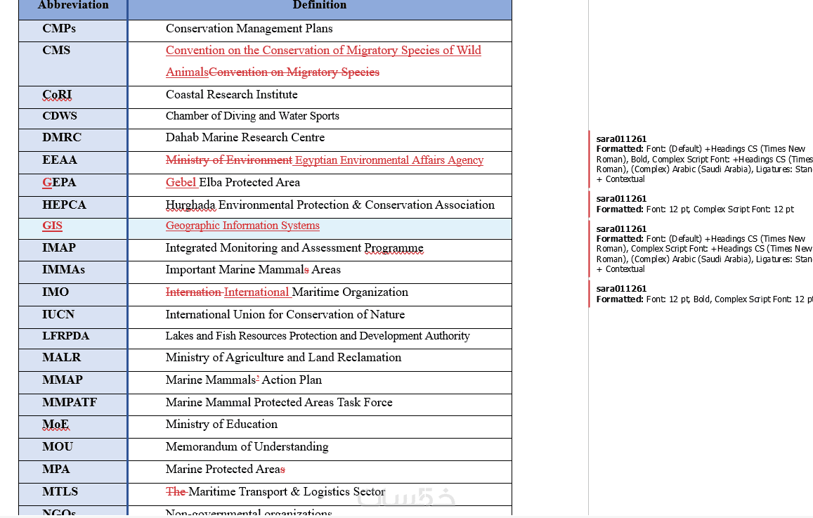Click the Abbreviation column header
[x=73, y=6]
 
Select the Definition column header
[x=319, y=6]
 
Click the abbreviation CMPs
[x=59, y=29]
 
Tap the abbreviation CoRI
[x=57, y=95]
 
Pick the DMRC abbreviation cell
[x=62, y=138]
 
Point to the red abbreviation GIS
[x=52, y=226]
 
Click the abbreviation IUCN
[x=58, y=315]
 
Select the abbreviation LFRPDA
[x=65, y=336]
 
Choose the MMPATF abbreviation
[x=70, y=403]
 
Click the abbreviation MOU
[x=58, y=447]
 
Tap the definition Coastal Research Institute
[x=231, y=95]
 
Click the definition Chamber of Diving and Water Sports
[x=252, y=116]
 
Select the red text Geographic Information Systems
[x=242, y=226]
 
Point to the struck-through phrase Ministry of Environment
[x=228, y=160]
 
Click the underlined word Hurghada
[x=190, y=205]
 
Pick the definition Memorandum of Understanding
[x=247, y=447]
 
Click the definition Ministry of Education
[x=221, y=425]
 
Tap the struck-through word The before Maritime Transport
[x=175, y=492]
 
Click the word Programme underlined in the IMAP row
[x=394, y=248]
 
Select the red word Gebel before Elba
[x=181, y=183]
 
